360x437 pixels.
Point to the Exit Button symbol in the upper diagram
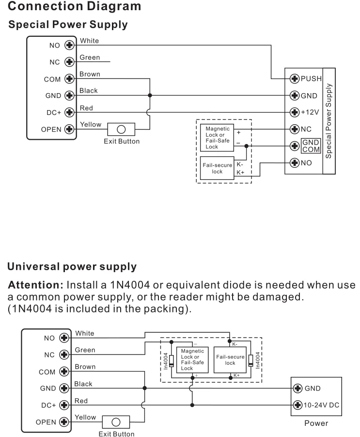tap(122, 129)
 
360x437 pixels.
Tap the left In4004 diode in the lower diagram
tap(171, 361)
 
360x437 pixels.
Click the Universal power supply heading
tap(72, 267)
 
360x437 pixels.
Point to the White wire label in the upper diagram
tap(89, 42)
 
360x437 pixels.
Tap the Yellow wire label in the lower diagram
tap(86, 417)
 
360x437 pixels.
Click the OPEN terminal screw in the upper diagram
tap(69, 129)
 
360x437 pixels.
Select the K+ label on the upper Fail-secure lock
tap(240, 172)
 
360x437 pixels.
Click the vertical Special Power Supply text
tap(329, 121)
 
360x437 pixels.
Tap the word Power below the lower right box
tap(316, 423)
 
